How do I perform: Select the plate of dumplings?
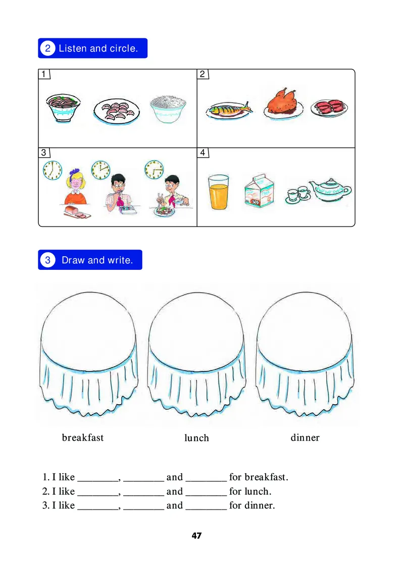click(117, 110)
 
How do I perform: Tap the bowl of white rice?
click(168, 109)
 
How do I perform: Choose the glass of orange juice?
click(218, 192)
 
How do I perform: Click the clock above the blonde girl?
click(52, 170)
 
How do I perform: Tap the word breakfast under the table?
click(83, 438)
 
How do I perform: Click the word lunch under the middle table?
click(196, 438)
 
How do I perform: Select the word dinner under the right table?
click(305, 438)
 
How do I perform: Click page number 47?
click(197, 536)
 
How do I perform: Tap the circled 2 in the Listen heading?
click(47, 49)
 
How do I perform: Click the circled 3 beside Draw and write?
click(47, 260)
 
